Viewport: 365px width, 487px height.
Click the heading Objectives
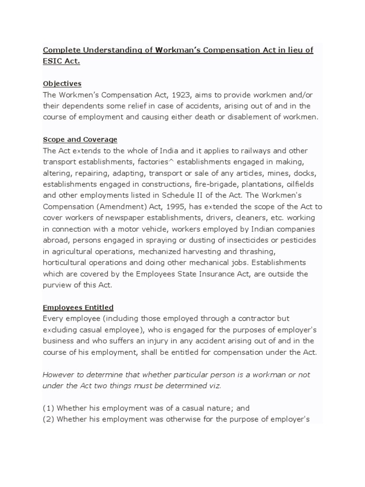(x=62, y=83)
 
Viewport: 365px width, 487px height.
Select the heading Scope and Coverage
(x=80, y=139)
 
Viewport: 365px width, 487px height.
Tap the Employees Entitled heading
(x=78, y=308)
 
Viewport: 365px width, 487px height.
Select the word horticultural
(x=65, y=263)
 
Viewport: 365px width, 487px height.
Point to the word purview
(x=58, y=285)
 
